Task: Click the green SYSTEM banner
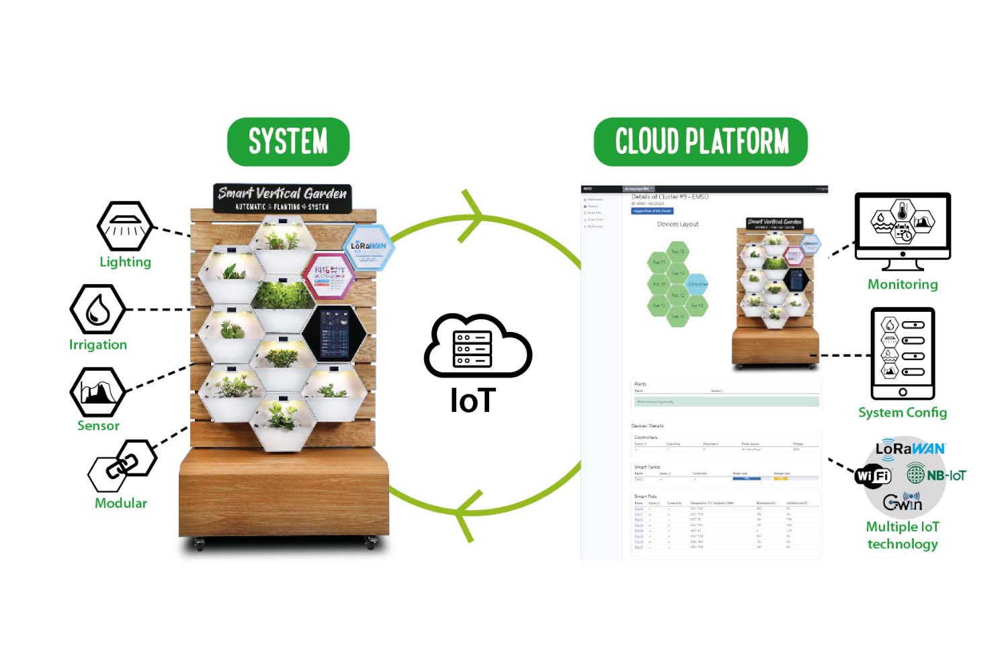click(x=288, y=142)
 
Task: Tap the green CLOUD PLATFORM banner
click(x=701, y=142)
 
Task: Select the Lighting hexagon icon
click(x=125, y=226)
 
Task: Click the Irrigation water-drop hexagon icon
click(x=98, y=309)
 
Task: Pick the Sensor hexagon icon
click(x=98, y=392)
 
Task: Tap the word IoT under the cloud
click(x=473, y=401)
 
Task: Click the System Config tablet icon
click(x=902, y=353)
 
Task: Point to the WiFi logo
click(x=872, y=476)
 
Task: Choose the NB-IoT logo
click(x=936, y=475)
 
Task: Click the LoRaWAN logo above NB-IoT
click(x=910, y=449)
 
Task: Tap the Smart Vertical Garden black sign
click(x=282, y=198)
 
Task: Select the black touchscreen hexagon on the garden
click(x=334, y=333)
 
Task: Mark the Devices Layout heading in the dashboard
click(x=677, y=224)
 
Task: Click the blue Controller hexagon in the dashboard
click(x=697, y=284)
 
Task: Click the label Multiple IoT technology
click(x=902, y=536)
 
